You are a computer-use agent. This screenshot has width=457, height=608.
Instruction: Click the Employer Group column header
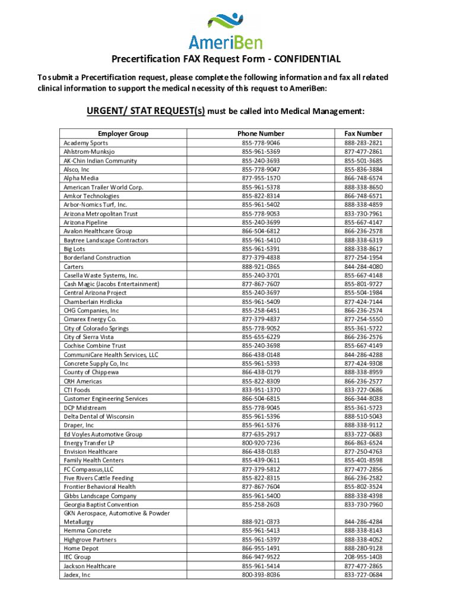point(123,134)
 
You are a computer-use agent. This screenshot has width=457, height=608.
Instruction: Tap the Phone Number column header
point(261,134)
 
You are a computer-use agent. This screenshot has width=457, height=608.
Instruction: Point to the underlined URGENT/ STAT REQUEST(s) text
point(146,111)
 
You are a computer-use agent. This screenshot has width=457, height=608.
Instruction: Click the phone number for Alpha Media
point(261,178)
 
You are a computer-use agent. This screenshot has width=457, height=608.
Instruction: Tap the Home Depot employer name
point(81,549)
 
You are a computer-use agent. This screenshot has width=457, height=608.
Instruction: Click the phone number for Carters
point(261,267)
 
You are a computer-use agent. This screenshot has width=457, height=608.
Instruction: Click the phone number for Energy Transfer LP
point(261,443)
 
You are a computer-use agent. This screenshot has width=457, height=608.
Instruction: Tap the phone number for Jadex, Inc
point(261,575)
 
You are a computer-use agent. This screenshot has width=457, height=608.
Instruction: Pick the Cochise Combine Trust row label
point(94,346)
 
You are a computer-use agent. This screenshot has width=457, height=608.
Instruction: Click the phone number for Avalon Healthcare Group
point(261,231)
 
